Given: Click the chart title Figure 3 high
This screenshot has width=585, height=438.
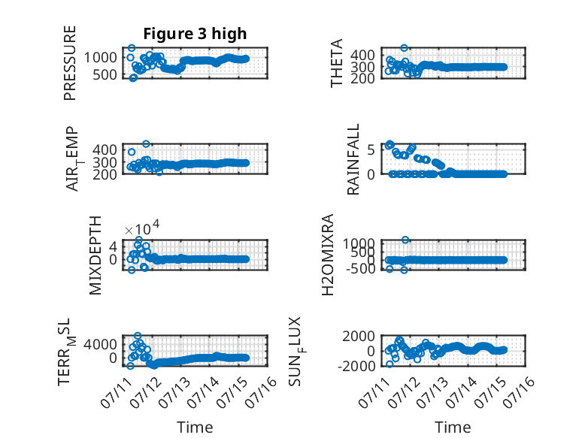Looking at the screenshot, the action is tap(195, 34).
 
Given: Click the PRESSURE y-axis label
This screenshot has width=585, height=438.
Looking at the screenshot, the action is tap(70, 63).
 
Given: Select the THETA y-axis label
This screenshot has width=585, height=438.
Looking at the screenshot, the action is tap(337, 63).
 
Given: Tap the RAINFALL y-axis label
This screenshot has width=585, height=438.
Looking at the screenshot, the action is tap(353, 159).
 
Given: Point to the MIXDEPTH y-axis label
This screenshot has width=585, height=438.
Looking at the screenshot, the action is tap(95, 255).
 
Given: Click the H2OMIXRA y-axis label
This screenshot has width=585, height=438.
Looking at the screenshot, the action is tap(328, 255).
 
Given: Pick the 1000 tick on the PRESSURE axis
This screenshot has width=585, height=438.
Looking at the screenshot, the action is tap(100, 58).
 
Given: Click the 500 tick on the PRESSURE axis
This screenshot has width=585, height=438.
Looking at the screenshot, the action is tap(105, 75).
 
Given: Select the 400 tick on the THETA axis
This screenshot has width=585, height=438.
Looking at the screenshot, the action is tap(362, 55).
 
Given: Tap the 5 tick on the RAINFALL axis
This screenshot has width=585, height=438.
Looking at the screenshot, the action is tap(371, 150).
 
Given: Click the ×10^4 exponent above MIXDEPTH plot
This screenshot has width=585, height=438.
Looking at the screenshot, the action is tap(142, 228).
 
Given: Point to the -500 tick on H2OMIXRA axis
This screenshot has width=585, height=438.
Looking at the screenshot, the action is tap(360, 268).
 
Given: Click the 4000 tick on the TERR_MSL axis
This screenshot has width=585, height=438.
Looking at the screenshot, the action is tap(100, 344).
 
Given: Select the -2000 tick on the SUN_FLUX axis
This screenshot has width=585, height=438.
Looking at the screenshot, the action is tap(356, 366).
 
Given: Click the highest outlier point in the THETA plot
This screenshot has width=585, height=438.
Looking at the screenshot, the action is tap(404, 48).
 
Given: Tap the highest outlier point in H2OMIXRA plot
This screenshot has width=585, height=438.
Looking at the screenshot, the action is tap(405, 240).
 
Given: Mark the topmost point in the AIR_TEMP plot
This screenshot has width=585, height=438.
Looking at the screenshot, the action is tap(146, 143).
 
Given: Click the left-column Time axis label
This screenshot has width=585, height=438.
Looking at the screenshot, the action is tap(195, 427).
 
